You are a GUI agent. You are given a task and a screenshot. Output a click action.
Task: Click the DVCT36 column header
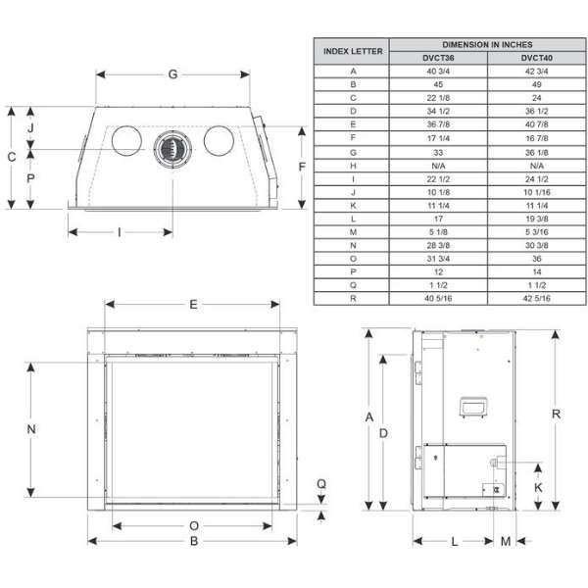(438, 58)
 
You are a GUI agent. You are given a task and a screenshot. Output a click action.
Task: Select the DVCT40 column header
(537, 58)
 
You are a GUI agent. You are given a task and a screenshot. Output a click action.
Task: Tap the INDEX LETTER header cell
(353, 51)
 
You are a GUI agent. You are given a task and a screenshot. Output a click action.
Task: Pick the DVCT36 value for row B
(438, 84)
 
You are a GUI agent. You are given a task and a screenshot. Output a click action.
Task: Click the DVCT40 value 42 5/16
(537, 298)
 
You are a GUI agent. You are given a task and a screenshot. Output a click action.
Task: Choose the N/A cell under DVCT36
(438, 166)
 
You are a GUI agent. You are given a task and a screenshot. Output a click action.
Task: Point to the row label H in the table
(353, 166)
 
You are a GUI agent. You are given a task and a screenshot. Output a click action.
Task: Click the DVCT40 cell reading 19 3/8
(537, 219)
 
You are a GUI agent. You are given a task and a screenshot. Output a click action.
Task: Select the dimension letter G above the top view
(172, 74)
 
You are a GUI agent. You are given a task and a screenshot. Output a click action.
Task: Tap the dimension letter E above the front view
(193, 304)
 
